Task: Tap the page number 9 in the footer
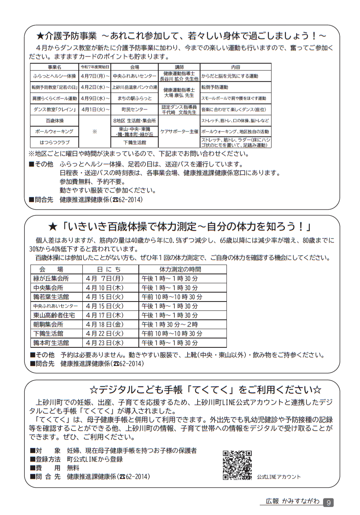coord(328,502)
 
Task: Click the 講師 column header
coord(179,67)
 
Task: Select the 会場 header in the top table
coord(134,67)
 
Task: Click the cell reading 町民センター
coord(134,110)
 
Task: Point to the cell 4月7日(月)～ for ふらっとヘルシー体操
coord(95,76)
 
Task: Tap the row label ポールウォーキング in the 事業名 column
coord(54,131)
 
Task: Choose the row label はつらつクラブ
coord(54,142)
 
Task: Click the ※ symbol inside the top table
coord(95,131)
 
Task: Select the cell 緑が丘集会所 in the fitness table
coord(51,279)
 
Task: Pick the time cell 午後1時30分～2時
coord(170,325)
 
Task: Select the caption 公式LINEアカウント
coord(278,477)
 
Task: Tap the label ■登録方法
coord(45,459)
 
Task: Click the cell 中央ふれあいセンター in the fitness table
coord(56,306)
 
